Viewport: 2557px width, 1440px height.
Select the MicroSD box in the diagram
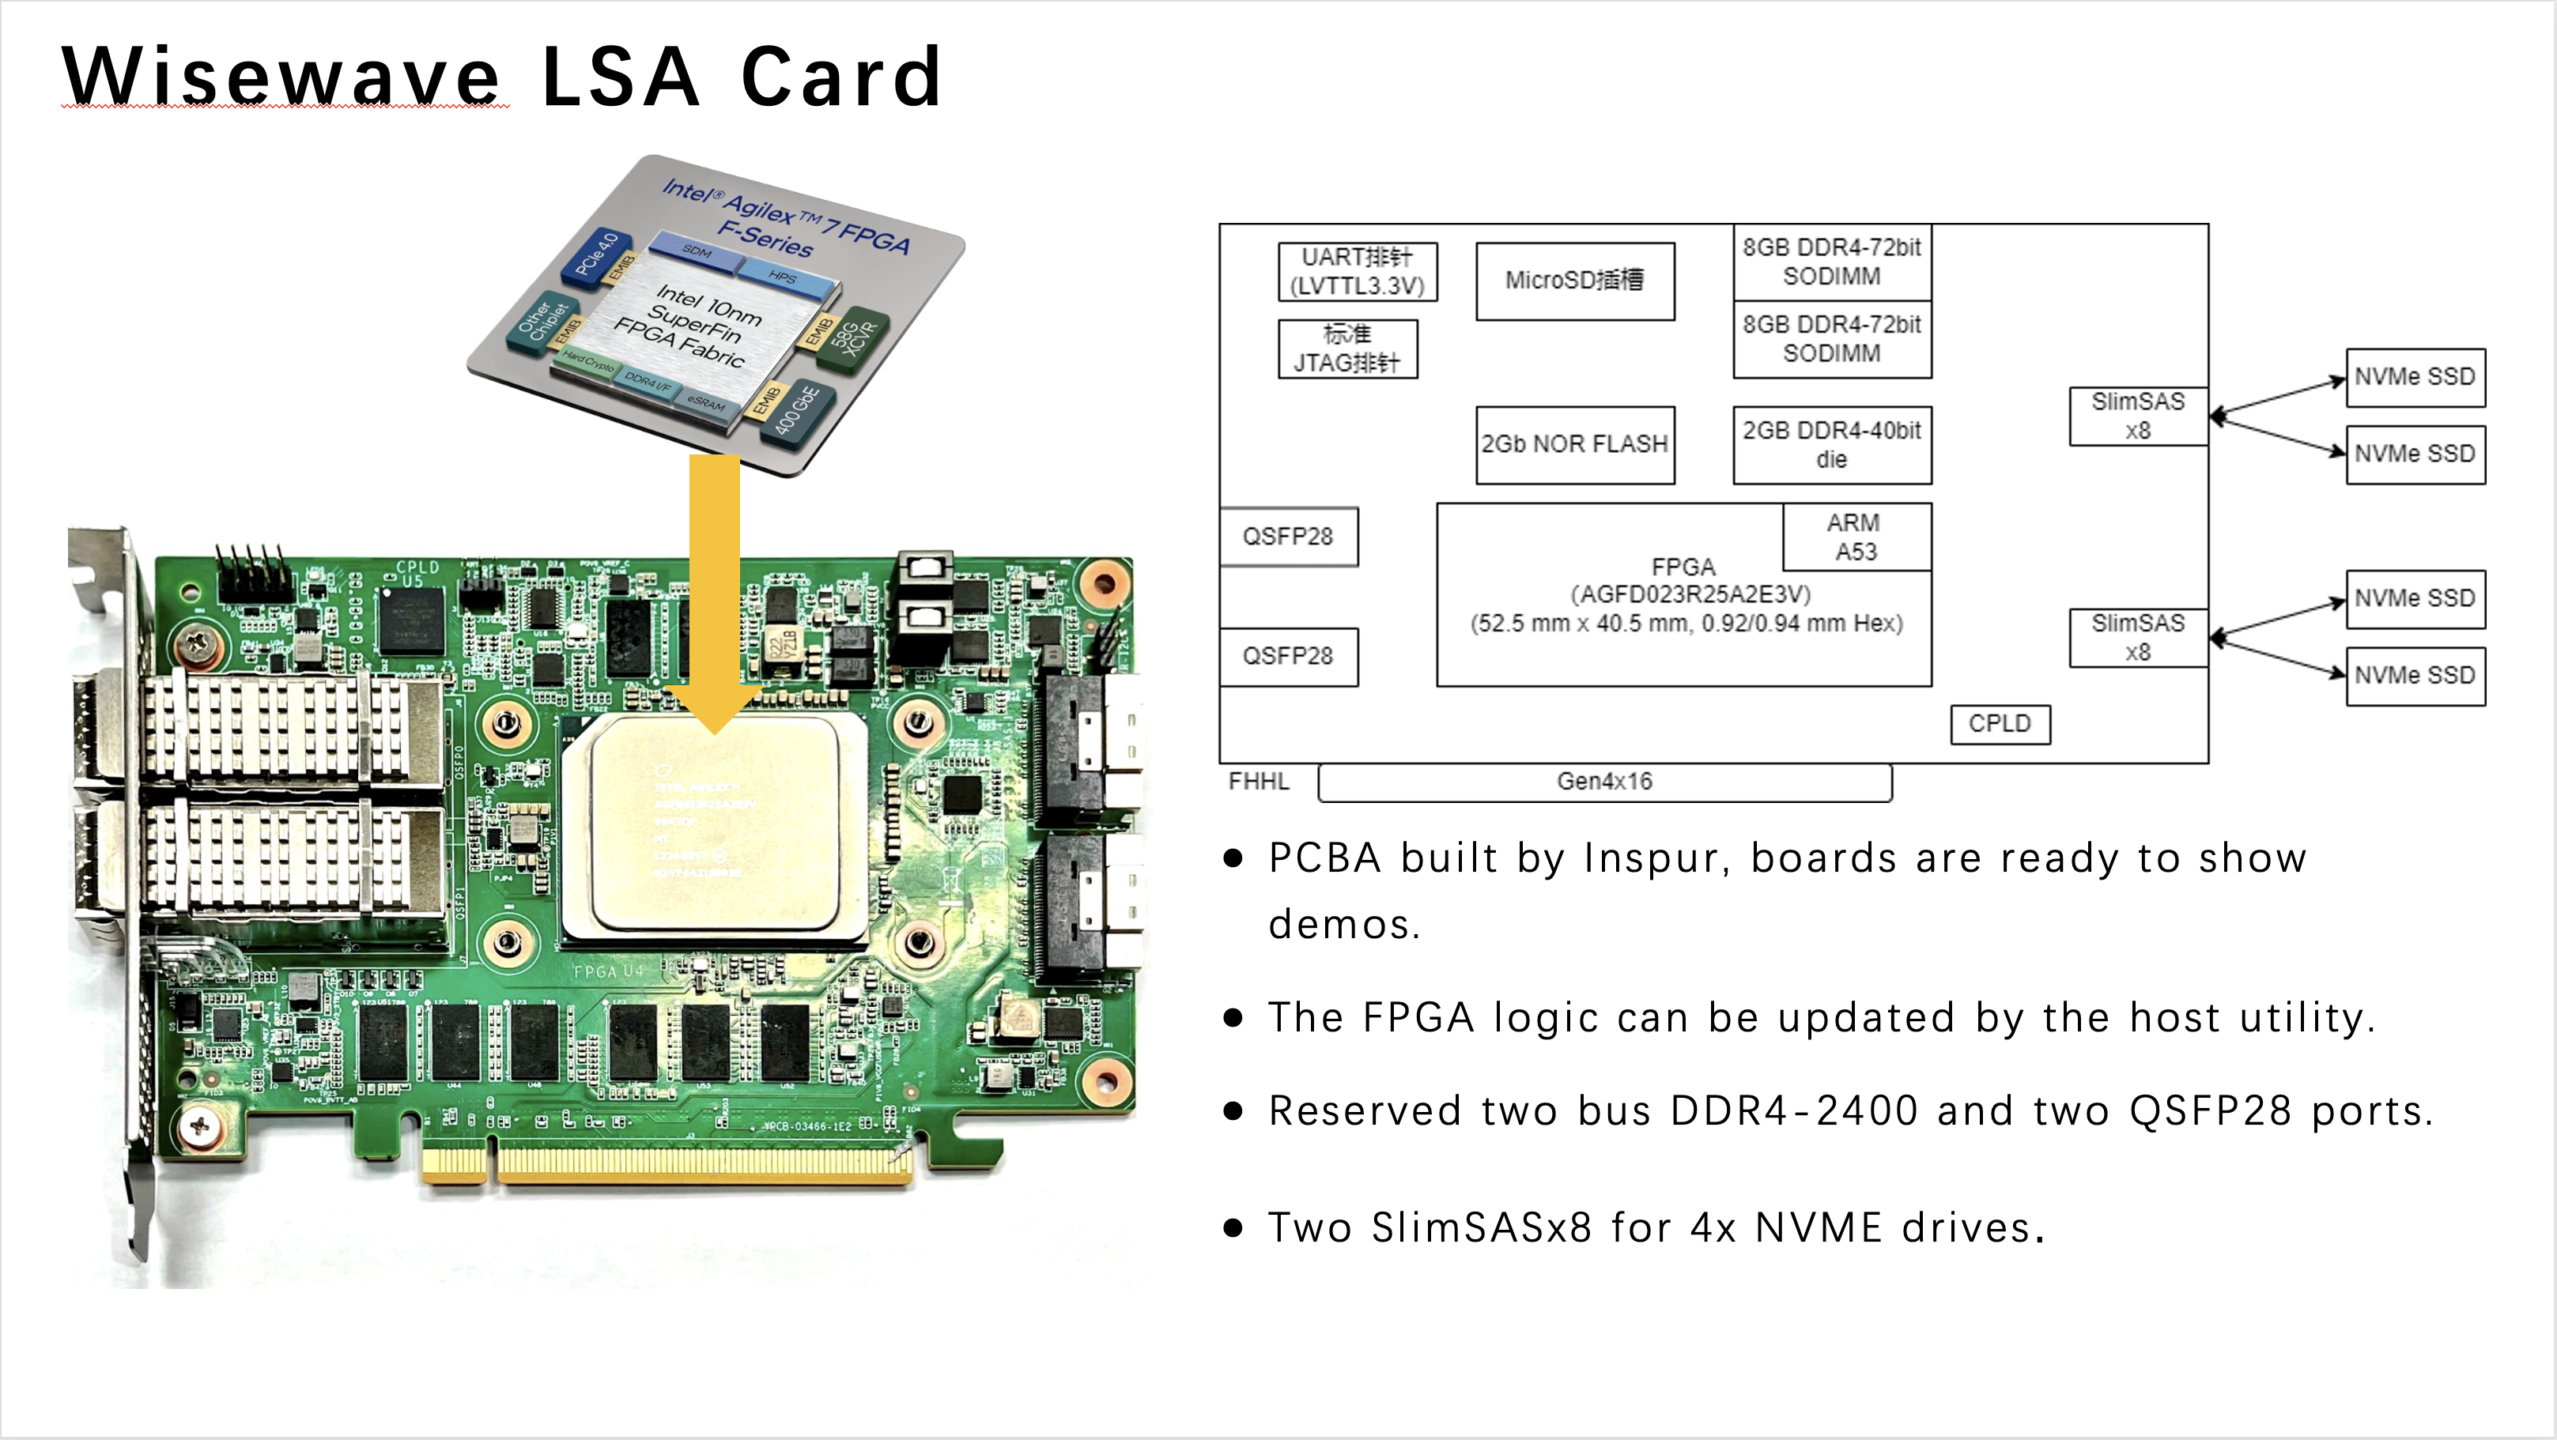(x=1574, y=281)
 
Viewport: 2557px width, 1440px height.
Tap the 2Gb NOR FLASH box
(x=1574, y=445)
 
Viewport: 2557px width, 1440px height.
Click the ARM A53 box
(x=1855, y=537)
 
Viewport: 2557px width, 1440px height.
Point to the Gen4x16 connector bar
(x=1604, y=782)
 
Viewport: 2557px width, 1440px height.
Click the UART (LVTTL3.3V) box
(x=1357, y=271)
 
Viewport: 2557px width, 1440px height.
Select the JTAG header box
(x=1347, y=349)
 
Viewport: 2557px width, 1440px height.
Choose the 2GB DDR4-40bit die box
(x=1831, y=445)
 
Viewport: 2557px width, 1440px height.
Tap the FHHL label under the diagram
(x=1258, y=782)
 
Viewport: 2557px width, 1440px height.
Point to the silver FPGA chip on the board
(x=712, y=828)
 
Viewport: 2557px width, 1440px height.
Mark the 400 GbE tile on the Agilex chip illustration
(x=796, y=409)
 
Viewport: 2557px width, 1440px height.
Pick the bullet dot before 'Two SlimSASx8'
(x=1233, y=1229)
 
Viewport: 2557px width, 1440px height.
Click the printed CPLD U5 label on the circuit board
(x=416, y=573)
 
